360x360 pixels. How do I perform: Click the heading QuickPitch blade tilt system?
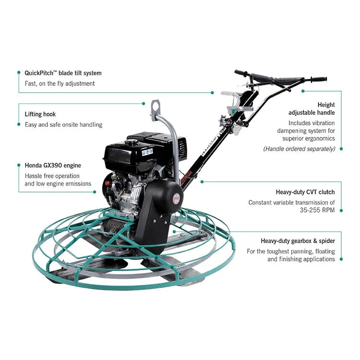click(63, 73)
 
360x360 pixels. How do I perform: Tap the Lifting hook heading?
click(40, 114)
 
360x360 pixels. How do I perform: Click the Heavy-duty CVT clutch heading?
click(305, 192)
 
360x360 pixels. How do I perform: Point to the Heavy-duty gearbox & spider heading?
click(298, 241)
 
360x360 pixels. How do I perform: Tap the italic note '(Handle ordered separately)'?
click(299, 149)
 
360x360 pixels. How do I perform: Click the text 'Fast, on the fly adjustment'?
click(60, 84)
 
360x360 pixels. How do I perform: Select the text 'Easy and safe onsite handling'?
click(63, 125)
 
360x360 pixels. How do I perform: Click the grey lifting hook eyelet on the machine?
click(155, 104)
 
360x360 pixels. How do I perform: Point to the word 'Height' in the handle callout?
click(326, 105)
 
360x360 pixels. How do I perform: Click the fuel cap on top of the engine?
click(131, 142)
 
